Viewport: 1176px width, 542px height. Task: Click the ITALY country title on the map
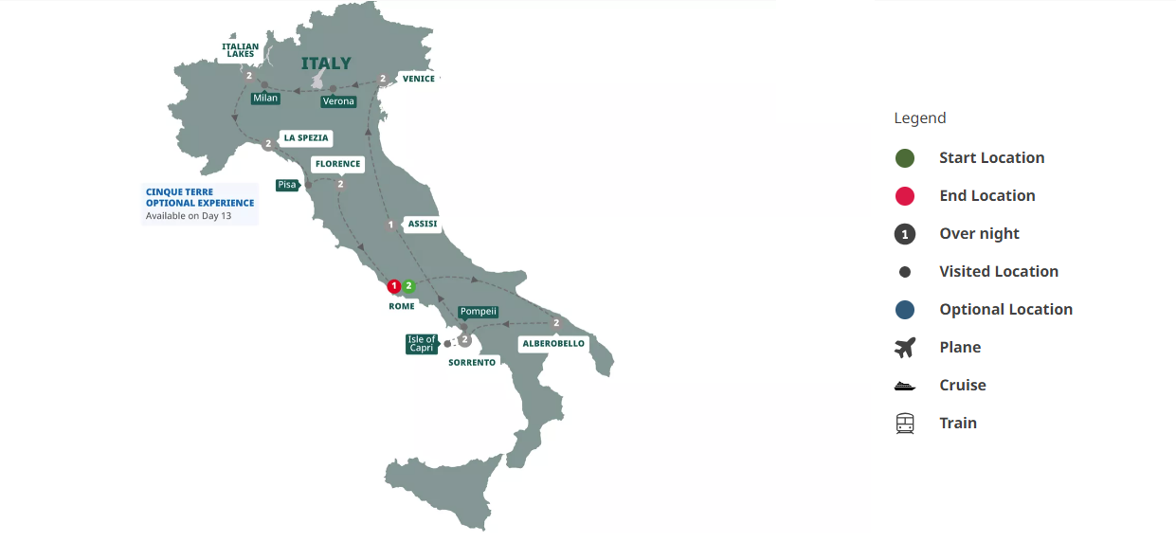click(x=326, y=63)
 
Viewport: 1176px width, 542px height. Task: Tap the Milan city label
click(x=265, y=98)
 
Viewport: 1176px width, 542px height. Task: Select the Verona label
click(x=338, y=101)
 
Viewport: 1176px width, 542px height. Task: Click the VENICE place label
click(x=418, y=79)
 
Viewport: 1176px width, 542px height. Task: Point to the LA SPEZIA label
click(x=305, y=138)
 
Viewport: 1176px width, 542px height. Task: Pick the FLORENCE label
click(x=337, y=164)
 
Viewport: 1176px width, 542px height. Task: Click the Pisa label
click(x=286, y=185)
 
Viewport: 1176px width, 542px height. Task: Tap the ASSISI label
click(x=422, y=225)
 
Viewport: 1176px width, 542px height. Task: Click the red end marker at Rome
click(x=394, y=285)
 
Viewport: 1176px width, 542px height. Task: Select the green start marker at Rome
click(x=408, y=285)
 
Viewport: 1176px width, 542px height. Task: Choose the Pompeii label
click(x=478, y=312)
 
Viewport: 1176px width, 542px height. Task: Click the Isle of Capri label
click(x=422, y=343)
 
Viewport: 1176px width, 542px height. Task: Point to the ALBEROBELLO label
click(x=553, y=343)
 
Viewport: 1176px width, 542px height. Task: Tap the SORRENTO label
click(x=472, y=362)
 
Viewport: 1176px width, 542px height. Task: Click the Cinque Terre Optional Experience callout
click(x=200, y=204)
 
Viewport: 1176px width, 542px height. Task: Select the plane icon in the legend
click(x=905, y=348)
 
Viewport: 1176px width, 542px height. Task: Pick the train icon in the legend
click(x=905, y=424)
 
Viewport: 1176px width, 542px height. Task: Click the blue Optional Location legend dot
click(x=905, y=310)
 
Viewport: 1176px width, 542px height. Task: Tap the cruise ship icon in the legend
click(x=905, y=386)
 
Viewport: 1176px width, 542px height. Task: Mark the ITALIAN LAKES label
click(x=240, y=50)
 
